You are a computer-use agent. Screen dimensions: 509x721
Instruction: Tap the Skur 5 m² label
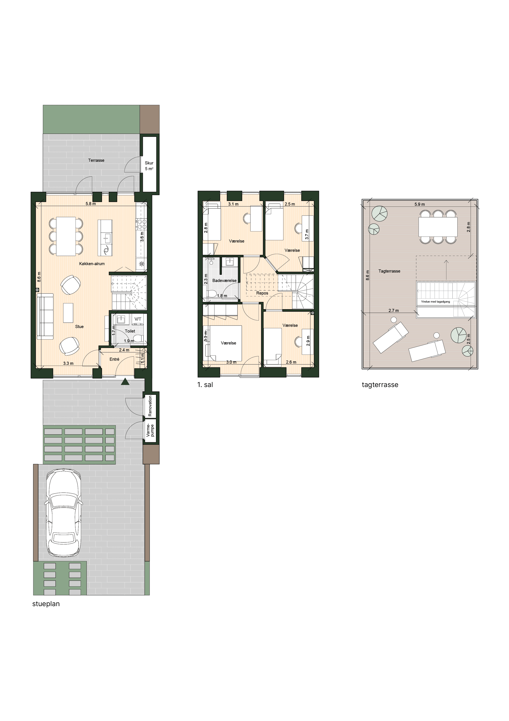click(x=149, y=166)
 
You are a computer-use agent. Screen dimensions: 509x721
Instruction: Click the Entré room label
click(x=115, y=359)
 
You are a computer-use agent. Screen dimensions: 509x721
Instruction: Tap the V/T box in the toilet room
click(x=138, y=319)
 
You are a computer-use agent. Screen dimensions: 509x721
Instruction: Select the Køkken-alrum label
click(x=92, y=264)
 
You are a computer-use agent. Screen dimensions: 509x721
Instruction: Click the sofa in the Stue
click(x=45, y=316)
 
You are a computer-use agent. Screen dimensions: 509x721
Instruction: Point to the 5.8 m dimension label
click(x=91, y=203)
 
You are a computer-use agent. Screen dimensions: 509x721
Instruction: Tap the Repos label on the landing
click(x=262, y=293)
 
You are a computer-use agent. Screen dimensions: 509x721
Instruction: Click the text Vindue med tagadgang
click(x=435, y=302)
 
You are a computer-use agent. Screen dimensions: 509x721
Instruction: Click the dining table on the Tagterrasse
click(x=438, y=227)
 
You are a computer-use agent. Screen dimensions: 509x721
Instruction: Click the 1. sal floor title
click(x=205, y=385)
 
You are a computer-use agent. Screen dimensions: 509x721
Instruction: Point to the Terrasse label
click(x=96, y=160)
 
